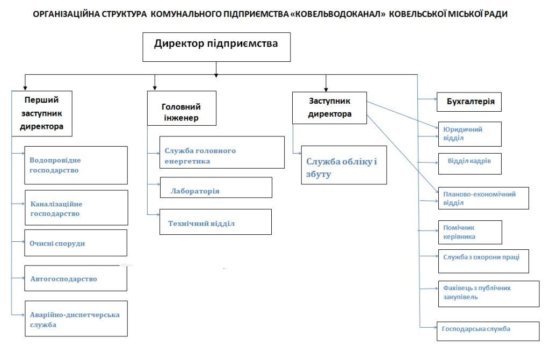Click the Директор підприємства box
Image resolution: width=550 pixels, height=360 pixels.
tap(216, 47)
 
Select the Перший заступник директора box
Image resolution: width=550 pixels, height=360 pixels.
tap(42, 114)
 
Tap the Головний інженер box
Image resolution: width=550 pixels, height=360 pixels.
tap(182, 109)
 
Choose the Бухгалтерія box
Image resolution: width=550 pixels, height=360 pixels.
tap(469, 102)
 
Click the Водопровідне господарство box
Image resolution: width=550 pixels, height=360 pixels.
tap(76, 165)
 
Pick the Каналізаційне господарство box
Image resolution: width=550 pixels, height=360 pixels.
tap(76, 208)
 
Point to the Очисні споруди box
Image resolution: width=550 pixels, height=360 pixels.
tap(76, 243)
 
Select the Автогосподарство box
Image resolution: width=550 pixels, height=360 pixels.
tap(76, 278)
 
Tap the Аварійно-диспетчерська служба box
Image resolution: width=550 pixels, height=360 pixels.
tap(76, 319)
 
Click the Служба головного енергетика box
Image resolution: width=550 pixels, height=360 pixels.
tap(222, 152)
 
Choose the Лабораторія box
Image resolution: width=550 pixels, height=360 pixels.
tap(216, 188)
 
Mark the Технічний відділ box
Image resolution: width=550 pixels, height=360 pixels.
tap(216, 222)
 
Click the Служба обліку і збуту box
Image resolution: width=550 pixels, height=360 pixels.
tap(344, 165)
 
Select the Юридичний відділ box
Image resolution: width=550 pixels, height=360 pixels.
tap(470, 134)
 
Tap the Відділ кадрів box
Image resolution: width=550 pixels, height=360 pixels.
tap(470, 164)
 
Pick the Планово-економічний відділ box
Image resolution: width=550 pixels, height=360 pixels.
tap(484, 198)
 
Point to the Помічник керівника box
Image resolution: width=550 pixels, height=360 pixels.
tap(470, 232)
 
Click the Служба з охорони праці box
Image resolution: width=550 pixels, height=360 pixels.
tap(484, 262)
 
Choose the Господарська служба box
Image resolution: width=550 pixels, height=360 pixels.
tap(488, 331)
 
